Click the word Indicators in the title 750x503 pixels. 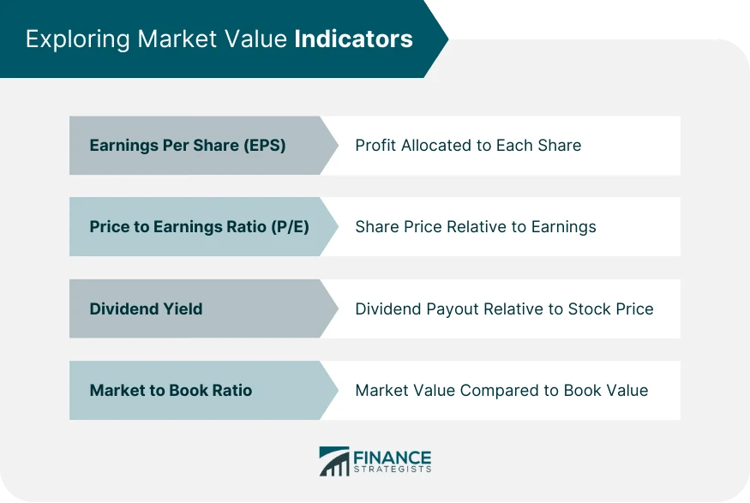coord(353,39)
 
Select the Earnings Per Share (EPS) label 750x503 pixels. coord(187,146)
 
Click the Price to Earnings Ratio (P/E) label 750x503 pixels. coord(199,227)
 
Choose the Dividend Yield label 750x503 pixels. coord(146,308)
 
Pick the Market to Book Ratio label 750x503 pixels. coord(171,390)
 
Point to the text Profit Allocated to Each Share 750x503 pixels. coord(468,146)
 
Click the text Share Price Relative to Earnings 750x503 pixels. coord(475,227)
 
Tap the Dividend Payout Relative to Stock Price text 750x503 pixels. coord(504,308)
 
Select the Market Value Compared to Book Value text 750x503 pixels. coord(501,390)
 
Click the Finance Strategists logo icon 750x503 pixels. coord(333,461)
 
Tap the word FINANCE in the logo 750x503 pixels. coord(392,457)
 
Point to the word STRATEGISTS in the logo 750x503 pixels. coord(392,470)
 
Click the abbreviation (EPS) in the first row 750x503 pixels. coord(263,146)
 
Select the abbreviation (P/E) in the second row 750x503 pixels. coord(289,227)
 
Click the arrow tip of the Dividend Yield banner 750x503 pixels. coord(335,308)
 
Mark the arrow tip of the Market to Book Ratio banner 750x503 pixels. coord(335,390)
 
